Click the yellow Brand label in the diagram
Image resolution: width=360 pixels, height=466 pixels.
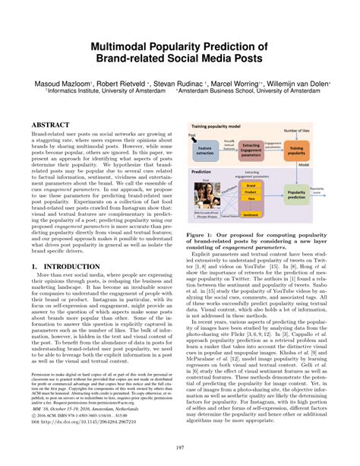click(x=251, y=185)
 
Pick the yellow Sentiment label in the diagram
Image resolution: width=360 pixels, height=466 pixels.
click(x=251, y=216)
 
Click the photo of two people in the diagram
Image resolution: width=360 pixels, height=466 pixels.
click(x=207, y=195)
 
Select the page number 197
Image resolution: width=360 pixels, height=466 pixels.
click(x=179, y=449)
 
